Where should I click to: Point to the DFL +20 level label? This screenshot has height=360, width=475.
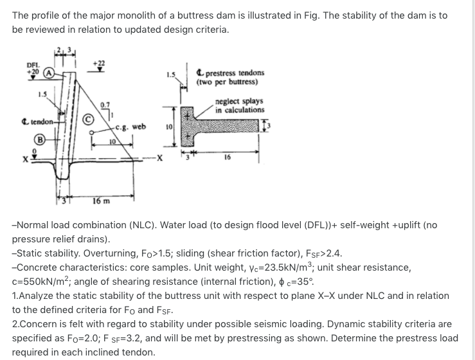point(32,69)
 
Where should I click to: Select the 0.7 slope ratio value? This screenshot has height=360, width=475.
point(105,104)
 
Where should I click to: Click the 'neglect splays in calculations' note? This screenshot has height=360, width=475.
point(239,105)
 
